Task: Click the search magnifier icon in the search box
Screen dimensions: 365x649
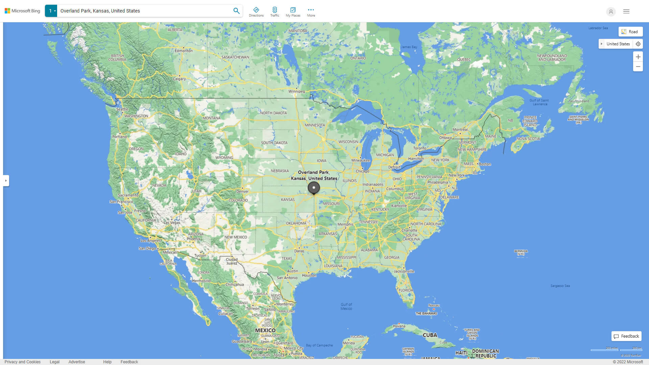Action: [x=236, y=11]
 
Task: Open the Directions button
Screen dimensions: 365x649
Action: [x=256, y=12]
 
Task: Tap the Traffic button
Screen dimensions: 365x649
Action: [x=275, y=12]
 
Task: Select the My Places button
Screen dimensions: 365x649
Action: [x=293, y=12]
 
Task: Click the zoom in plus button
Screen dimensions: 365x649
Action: [x=638, y=57]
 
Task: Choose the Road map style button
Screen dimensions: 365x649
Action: [x=630, y=32]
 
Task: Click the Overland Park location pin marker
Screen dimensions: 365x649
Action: [x=314, y=188]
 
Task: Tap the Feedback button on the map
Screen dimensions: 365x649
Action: [x=626, y=336]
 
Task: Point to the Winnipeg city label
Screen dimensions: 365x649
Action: [x=296, y=92]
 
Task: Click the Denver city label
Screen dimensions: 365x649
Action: [x=242, y=192]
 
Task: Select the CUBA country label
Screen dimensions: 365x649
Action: [x=430, y=335]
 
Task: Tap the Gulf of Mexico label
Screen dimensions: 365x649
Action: [x=346, y=307]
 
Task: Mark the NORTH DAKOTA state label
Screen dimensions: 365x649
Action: [x=273, y=113]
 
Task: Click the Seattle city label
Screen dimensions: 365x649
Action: [x=122, y=109]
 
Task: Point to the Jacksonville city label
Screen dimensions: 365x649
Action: [x=404, y=271]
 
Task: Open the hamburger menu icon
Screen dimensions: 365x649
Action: [x=626, y=11]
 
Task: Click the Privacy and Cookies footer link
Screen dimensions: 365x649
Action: [x=23, y=362]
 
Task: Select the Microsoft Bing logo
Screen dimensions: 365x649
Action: [x=22, y=11]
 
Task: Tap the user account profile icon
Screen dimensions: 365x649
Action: [x=611, y=11]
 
